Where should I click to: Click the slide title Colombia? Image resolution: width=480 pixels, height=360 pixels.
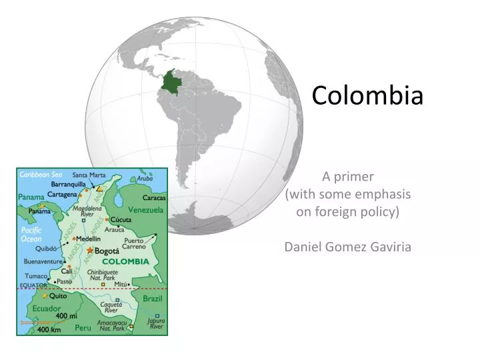click(x=367, y=95)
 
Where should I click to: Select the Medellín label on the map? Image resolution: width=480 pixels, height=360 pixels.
click(x=88, y=238)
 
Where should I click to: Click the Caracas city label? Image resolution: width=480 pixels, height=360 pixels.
click(x=154, y=197)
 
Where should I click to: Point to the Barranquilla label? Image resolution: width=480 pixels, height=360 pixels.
click(x=68, y=183)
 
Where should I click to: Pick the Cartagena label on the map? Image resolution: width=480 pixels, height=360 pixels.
click(x=62, y=194)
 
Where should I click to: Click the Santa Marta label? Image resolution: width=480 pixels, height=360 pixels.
click(x=89, y=175)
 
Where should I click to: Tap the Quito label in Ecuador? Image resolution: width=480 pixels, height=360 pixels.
click(x=58, y=295)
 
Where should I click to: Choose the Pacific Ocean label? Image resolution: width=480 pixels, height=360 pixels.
click(x=31, y=235)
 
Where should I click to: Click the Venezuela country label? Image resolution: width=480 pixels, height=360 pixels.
click(x=145, y=209)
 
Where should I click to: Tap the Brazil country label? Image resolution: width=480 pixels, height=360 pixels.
click(x=152, y=299)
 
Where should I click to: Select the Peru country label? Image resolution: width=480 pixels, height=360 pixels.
click(x=83, y=327)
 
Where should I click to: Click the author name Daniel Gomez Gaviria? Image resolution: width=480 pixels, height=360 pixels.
click(x=347, y=247)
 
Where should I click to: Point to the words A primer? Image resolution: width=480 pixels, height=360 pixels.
click(x=348, y=177)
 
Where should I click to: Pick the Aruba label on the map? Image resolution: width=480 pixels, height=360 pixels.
click(x=145, y=179)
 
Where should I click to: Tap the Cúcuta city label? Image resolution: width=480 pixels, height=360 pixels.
click(x=121, y=219)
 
